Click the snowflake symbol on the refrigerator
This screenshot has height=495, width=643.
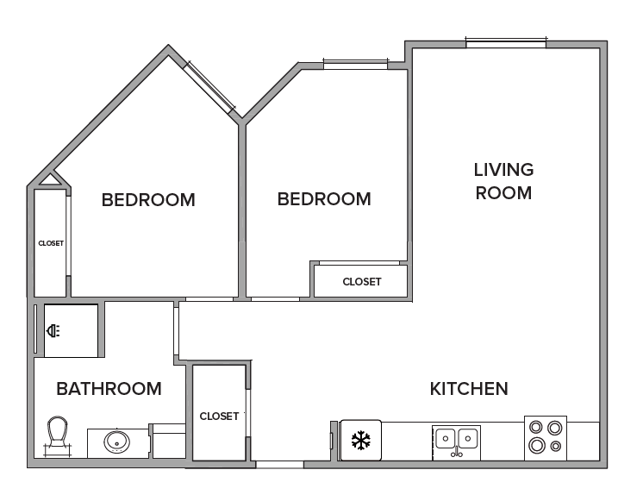click(x=361, y=440)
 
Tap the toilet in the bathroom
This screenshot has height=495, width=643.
click(x=58, y=435)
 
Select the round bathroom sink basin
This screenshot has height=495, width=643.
click(x=117, y=442)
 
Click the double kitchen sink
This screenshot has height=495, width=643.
click(x=457, y=442)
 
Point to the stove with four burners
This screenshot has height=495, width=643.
click(x=546, y=438)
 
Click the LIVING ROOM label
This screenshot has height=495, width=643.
click(x=503, y=181)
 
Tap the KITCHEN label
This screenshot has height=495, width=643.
click(x=469, y=389)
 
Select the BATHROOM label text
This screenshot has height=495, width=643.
click(x=109, y=389)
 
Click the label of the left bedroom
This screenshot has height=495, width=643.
click(x=148, y=200)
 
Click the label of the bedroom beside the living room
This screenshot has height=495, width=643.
click(x=324, y=199)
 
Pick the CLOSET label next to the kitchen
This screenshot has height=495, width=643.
click(x=219, y=417)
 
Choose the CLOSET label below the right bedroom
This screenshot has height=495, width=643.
click(x=362, y=282)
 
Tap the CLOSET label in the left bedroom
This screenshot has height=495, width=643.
click(x=51, y=243)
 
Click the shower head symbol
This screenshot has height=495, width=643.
click(x=53, y=331)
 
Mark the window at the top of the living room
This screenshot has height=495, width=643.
click(x=506, y=42)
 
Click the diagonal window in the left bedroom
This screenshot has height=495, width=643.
click(x=209, y=86)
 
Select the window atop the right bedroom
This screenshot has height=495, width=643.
click(x=355, y=64)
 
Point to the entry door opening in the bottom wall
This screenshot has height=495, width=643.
click(x=279, y=465)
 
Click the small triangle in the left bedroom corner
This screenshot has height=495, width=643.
click(x=50, y=179)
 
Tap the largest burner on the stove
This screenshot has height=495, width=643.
click(x=537, y=445)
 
